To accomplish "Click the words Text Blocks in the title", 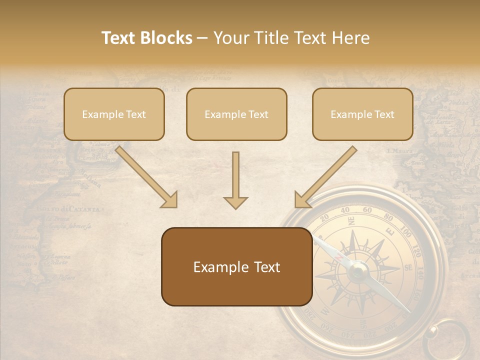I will coord(147,38).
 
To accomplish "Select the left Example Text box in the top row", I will coord(114,114).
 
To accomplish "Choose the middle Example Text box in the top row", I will coord(236,114).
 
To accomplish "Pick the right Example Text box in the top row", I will coord(362,114).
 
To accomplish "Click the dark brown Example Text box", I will coord(236,267).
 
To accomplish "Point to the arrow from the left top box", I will coord(146,176).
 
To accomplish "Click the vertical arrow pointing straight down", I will coord(235,180).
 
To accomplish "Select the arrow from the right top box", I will coord(325,176).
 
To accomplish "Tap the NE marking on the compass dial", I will coord(351,220).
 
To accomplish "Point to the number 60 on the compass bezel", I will coord(367,210).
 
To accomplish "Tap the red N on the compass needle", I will coord(339,257).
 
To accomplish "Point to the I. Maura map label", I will coord(399,150).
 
